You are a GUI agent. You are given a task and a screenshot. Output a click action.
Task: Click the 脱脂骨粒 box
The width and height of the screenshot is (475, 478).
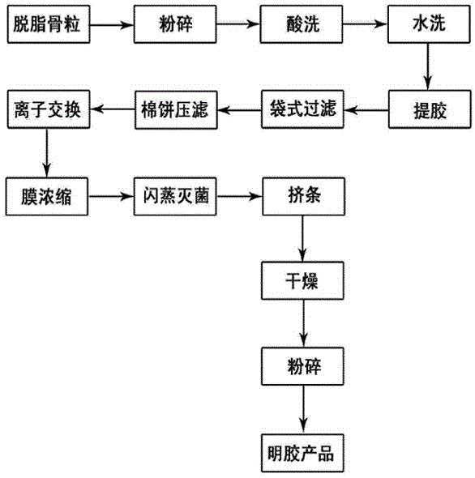(x=49, y=24)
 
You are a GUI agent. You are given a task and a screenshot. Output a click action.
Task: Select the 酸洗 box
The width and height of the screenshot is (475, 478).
(x=301, y=24)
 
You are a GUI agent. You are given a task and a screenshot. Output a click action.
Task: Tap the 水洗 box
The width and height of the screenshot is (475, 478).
(x=429, y=24)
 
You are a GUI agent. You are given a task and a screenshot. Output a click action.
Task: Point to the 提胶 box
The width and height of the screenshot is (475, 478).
(x=430, y=109)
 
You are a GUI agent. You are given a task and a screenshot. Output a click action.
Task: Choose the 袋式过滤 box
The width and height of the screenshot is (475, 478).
(x=302, y=109)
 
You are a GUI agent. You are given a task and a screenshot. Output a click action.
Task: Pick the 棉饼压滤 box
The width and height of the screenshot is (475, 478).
(x=176, y=109)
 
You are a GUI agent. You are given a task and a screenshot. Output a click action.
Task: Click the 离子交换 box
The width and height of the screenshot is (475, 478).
(x=49, y=109)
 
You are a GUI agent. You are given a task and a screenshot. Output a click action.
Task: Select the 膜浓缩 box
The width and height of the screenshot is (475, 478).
(x=47, y=196)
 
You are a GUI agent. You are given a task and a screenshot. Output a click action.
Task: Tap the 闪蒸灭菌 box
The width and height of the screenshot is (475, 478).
(x=175, y=196)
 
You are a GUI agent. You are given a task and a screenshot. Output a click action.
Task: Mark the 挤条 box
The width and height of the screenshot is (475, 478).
(x=303, y=196)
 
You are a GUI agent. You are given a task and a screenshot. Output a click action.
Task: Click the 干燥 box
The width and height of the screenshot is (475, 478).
(x=302, y=280)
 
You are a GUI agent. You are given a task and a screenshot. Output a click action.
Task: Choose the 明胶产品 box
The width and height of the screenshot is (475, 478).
(x=302, y=453)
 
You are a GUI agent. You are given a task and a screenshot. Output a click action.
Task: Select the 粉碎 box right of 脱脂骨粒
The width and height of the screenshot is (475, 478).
(x=175, y=24)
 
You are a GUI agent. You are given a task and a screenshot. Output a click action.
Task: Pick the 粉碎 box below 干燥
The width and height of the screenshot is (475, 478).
(x=302, y=366)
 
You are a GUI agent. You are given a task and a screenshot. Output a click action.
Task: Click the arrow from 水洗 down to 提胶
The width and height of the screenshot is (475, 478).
(x=427, y=66)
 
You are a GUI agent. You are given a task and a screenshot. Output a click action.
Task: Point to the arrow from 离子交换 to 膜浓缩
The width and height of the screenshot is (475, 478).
(x=47, y=153)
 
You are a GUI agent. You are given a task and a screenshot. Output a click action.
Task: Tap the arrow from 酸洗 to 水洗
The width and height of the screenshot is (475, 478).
(x=365, y=23)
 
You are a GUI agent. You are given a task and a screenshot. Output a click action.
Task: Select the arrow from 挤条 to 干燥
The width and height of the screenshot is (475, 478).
(x=302, y=238)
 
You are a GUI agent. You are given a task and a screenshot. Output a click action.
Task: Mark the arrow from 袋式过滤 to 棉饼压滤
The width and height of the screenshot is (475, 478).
(x=239, y=109)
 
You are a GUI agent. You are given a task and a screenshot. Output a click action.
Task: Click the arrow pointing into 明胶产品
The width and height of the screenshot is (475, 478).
(x=303, y=409)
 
